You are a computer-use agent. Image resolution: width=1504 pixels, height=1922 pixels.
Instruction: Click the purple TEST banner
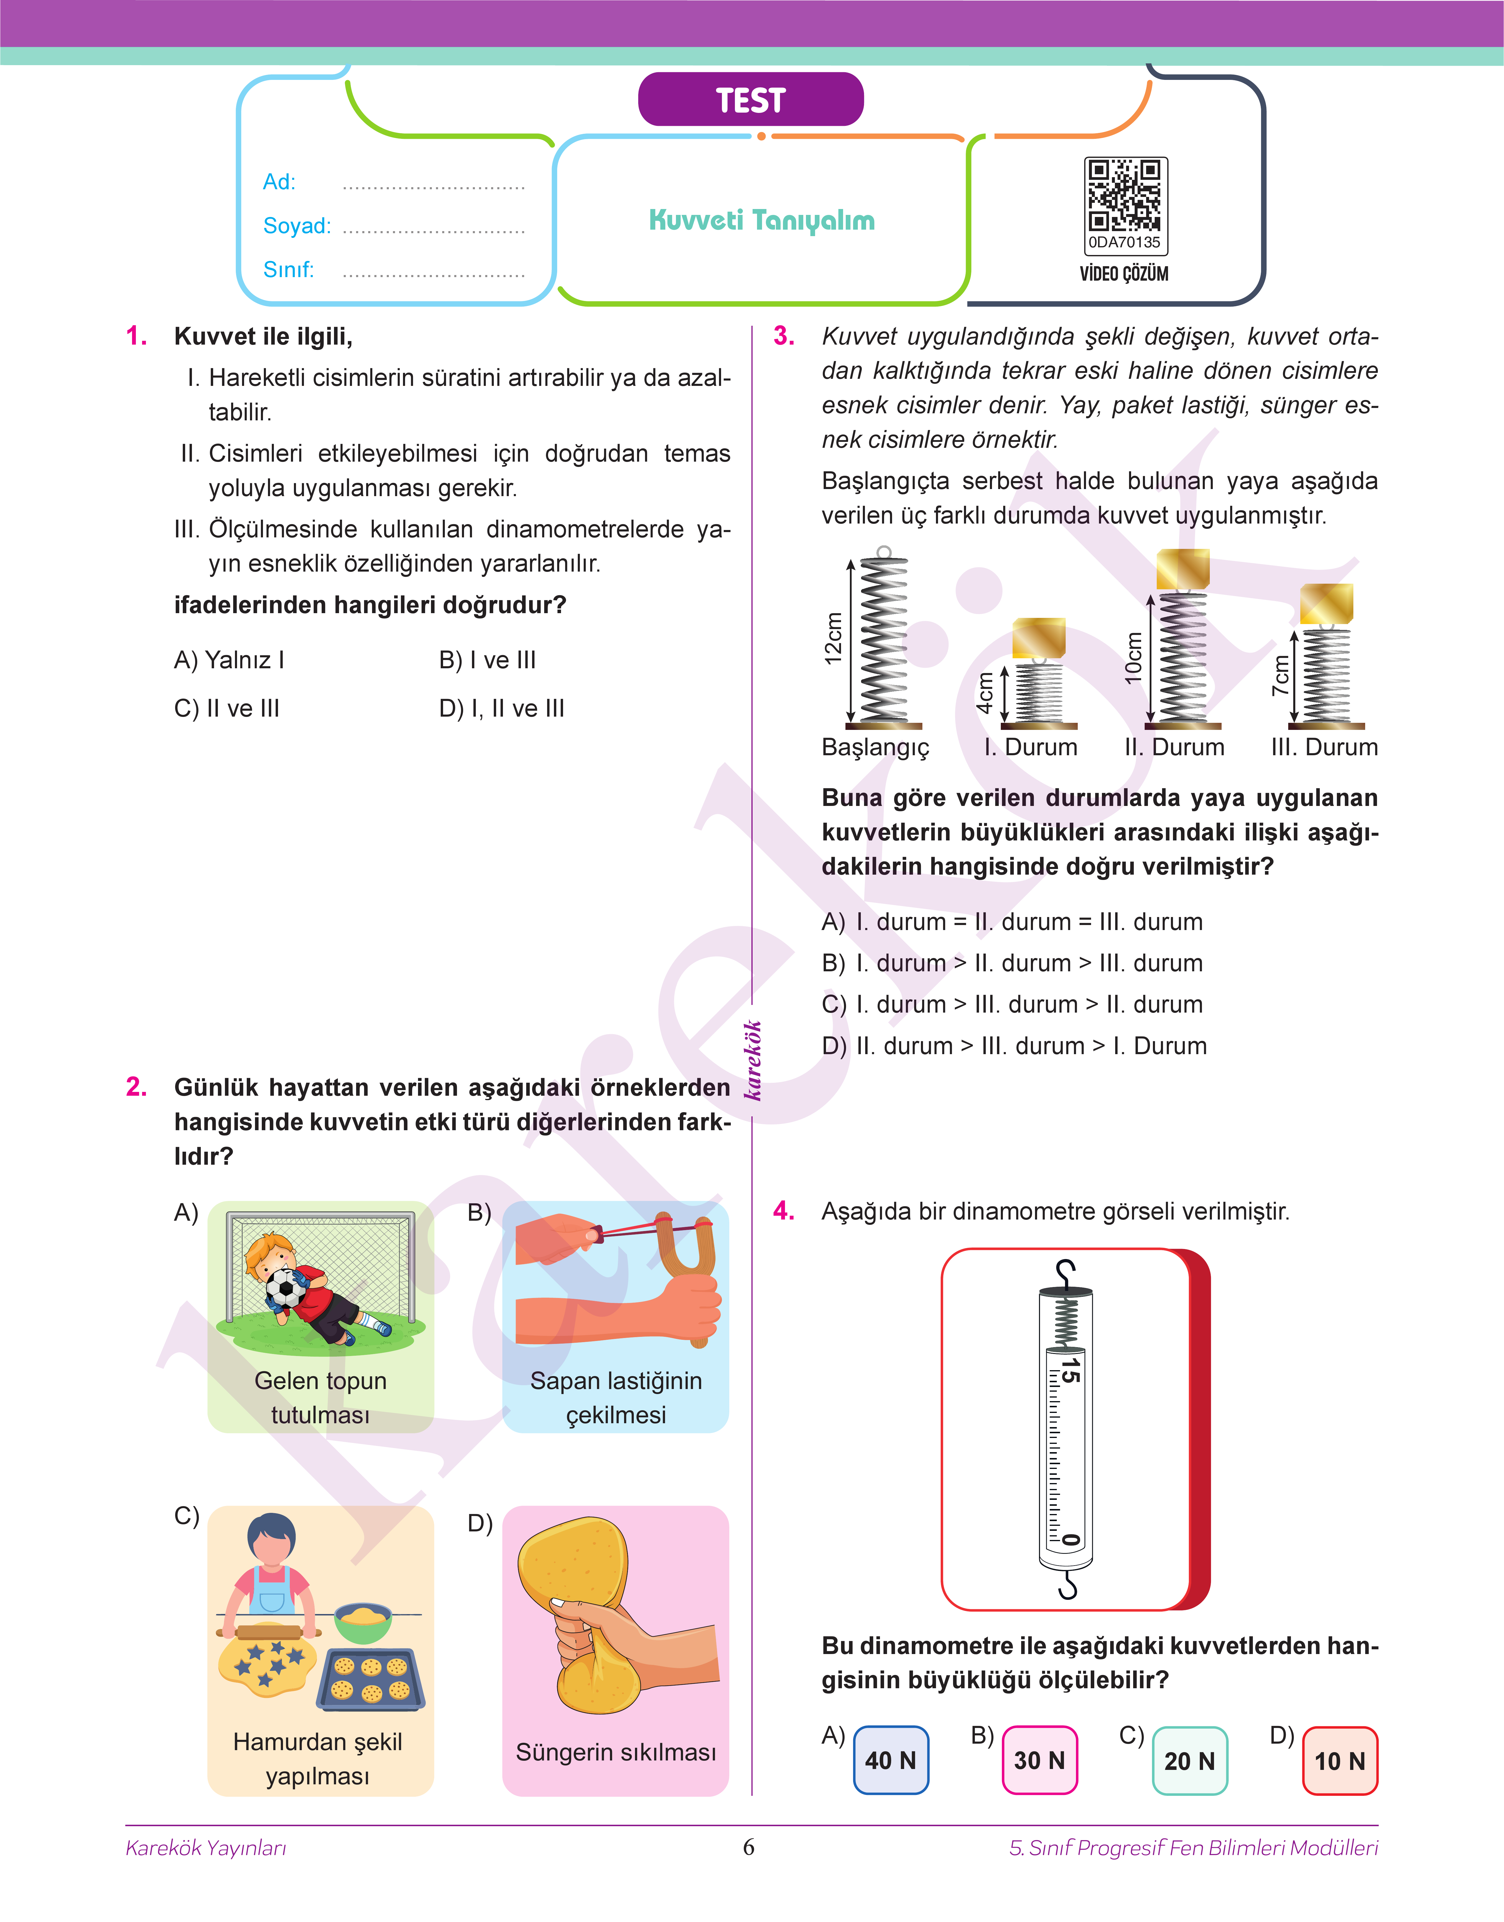tap(750, 99)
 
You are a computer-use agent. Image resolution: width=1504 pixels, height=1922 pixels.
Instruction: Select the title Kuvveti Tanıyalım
tap(762, 220)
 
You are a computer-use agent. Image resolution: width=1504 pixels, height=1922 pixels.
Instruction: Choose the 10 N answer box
tap(1339, 1761)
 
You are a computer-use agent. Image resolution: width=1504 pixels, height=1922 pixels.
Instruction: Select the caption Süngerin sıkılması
tap(616, 1752)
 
